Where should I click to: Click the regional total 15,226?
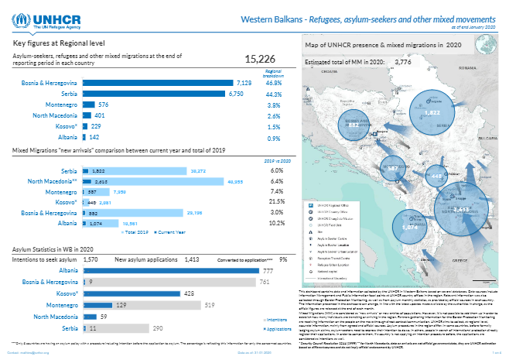[x=260, y=60]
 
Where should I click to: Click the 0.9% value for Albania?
[x=273, y=137]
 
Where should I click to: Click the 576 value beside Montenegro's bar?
[x=103, y=105]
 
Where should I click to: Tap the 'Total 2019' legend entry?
[x=135, y=231]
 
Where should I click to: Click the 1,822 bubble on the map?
[x=432, y=112]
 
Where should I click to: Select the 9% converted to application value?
[x=283, y=259]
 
